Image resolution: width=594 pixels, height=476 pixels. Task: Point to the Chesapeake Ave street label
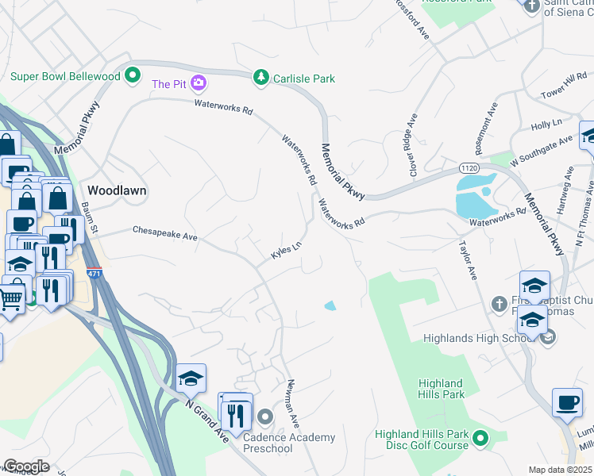(164, 233)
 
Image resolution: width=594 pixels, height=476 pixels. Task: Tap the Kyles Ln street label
(287, 251)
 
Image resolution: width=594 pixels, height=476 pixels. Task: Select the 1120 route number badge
(469, 168)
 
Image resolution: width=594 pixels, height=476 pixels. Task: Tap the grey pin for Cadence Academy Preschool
(266, 416)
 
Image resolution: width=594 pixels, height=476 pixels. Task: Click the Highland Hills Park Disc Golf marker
(480, 437)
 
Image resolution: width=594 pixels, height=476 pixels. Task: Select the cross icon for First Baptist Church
(499, 303)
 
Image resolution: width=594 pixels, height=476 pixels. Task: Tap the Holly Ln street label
(546, 125)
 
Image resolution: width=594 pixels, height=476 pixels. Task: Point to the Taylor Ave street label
(468, 261)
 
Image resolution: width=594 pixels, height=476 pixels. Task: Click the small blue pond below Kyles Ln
(330, 305)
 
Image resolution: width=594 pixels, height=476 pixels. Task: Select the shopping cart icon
(10, 299)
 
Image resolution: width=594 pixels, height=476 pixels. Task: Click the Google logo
(25, 466)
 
